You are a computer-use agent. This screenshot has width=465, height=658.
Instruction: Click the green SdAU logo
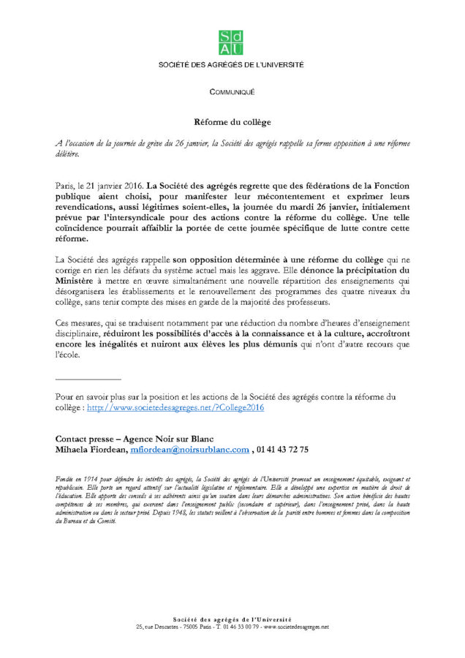232,43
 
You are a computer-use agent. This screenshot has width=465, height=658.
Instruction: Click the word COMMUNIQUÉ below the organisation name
232,92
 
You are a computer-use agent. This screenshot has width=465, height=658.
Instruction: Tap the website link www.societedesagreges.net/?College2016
175,408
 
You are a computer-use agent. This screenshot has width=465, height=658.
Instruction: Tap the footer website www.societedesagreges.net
296,627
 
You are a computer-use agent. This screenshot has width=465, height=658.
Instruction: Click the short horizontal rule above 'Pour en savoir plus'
88,379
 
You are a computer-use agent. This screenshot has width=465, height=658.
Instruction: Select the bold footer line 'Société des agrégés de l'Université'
232,619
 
